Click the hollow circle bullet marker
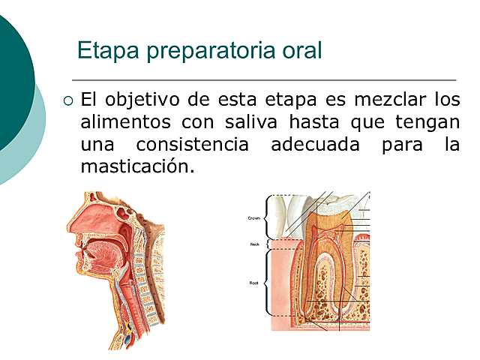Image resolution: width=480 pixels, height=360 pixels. click(69, 100)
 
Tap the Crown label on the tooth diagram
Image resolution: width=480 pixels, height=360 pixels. click(253, 218)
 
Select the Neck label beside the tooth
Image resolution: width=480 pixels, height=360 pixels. click(254, 244)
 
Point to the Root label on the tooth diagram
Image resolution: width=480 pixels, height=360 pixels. click(253, 283)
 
